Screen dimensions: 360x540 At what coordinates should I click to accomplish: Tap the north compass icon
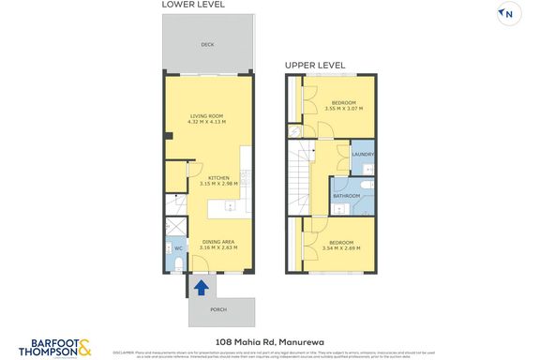coord(508,13)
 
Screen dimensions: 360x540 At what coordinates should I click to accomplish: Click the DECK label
coord(207,44)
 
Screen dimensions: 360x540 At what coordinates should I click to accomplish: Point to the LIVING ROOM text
coord(207,115)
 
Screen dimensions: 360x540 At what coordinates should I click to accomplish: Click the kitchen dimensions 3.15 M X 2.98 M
coord(218,185)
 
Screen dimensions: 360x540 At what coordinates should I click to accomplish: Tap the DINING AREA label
coord(219,242)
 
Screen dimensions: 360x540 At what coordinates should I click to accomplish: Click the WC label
coord(177,247)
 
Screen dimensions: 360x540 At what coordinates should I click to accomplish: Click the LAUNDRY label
coord(363,155)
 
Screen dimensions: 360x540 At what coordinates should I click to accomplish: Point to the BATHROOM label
coord(346,196)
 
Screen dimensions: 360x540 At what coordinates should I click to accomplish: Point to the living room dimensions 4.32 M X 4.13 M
coord(207,122)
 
